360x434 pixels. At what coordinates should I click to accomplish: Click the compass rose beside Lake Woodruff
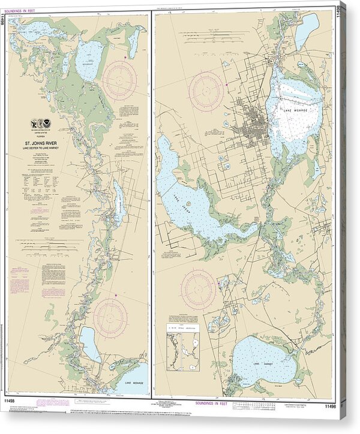click(119, 80)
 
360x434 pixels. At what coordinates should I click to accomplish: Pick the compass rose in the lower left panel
click(110, 316)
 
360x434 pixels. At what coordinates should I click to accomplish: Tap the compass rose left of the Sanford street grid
click(206, 92)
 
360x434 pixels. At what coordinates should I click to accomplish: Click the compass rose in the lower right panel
click(198, 289)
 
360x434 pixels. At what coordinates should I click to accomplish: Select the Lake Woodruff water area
click(89, 60)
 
